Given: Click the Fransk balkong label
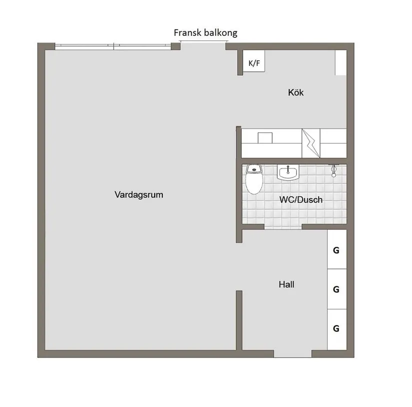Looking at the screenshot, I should point(205,33).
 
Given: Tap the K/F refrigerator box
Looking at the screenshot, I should point(254,63).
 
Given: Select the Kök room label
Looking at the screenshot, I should point(296,92).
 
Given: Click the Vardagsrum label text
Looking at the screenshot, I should point(139,195).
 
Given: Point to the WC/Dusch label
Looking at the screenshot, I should point(301,200).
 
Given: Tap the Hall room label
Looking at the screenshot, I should point(286,285).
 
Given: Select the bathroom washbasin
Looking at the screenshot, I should point(288,173).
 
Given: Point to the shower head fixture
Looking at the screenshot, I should point(334,171).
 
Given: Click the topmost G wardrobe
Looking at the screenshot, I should point(336,249).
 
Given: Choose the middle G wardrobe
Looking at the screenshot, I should point(336,289).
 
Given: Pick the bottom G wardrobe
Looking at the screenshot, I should point(336,328).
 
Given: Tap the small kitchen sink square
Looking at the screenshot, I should point(265,137).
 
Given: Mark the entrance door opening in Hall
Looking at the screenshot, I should point(293,354).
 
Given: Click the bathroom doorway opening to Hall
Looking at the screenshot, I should point(283,227).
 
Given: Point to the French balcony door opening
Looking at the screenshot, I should point(203,46).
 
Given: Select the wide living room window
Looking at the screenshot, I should point(114,46).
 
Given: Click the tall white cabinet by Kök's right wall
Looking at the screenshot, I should point(341,62).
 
